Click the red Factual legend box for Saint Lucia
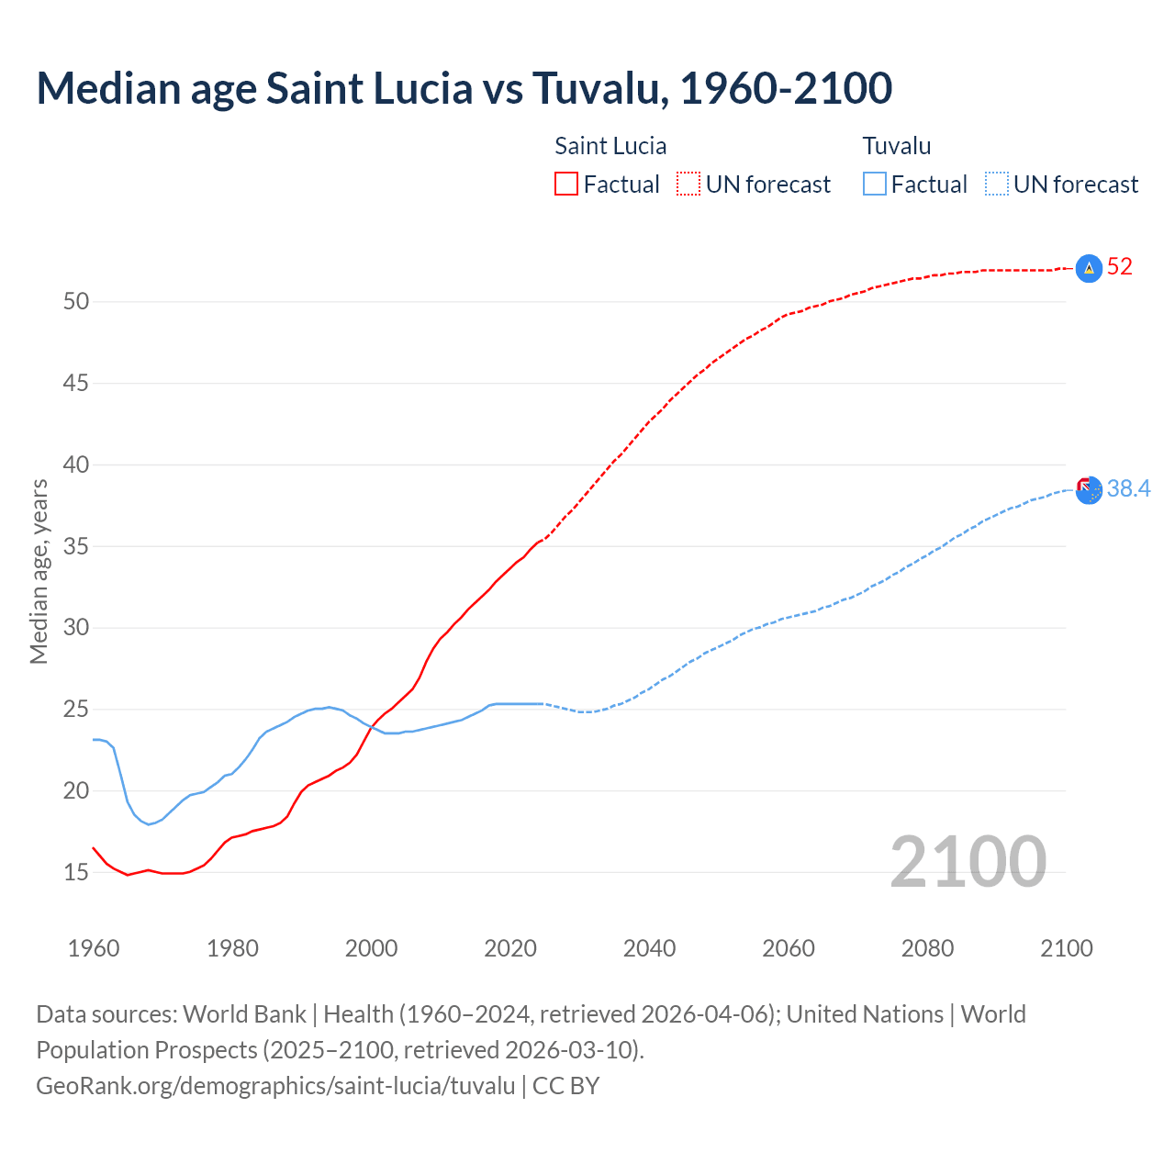566,185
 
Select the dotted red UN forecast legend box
688,185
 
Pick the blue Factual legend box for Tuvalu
875,185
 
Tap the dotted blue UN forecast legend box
997,185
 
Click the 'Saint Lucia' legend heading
610,146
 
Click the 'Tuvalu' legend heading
897,146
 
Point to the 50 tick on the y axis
76,301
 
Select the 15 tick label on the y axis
76,872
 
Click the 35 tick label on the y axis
76,546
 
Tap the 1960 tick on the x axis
94,948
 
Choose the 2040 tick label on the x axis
649,948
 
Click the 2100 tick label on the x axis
1067,948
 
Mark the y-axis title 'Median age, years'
39,571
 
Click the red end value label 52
1120,267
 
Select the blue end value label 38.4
1128,488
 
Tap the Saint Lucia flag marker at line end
1089,268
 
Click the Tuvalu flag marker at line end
1089,490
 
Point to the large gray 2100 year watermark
968,861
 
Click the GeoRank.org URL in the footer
275,1086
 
